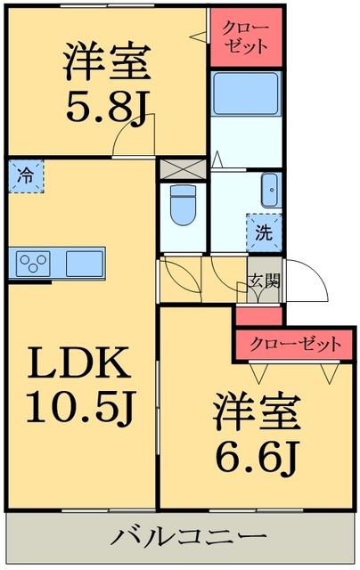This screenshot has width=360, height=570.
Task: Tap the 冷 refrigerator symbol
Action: tap(27, 175)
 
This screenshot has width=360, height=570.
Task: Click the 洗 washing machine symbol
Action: tap(264, 235)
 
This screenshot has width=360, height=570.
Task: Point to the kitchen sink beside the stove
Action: tap(83, 263)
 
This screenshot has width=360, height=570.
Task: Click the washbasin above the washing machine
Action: tap(269, 190)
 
